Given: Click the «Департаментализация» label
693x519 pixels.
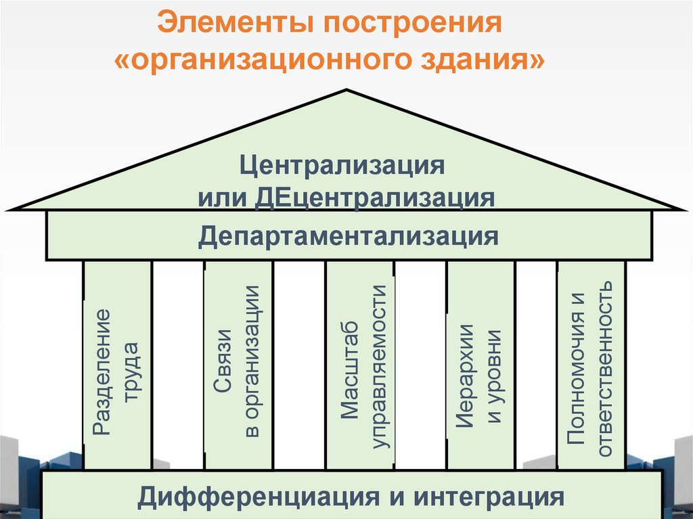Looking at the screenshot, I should pos(349,236).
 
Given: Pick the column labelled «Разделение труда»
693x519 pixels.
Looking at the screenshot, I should pos(117,365).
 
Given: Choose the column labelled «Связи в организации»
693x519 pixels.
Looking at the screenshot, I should pos(238,365).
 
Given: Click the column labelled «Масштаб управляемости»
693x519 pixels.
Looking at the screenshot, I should pos(359,365).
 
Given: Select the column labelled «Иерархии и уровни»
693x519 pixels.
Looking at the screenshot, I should pos(480,365).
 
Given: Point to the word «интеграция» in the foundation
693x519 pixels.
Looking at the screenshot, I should pos(489,497).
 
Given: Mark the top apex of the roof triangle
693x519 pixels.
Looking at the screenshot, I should pos(347,91).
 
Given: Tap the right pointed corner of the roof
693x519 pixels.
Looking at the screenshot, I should pos(686,208).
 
